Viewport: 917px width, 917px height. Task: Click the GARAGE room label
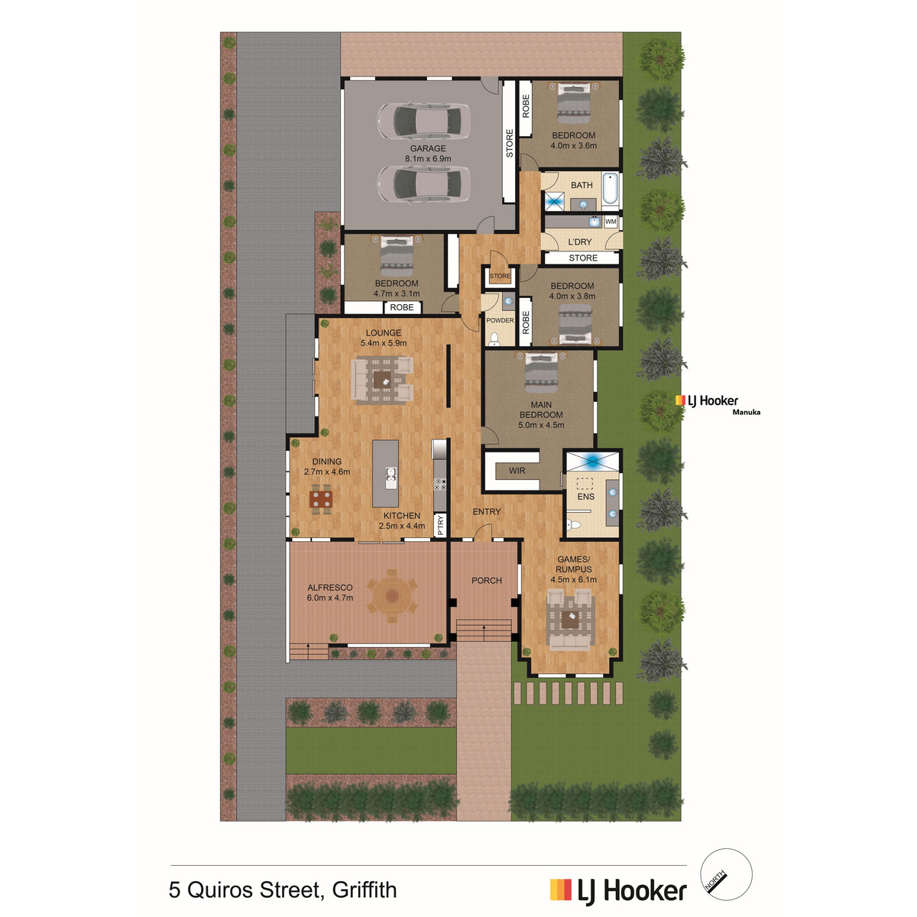[428, 148]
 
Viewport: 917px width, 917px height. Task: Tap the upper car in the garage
[424, 121]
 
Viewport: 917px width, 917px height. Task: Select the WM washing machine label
[611, 222]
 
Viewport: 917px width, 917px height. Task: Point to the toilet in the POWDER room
[494, 339]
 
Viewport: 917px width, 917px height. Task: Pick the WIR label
[517, 471]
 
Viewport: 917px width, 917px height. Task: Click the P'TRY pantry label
[440, 525]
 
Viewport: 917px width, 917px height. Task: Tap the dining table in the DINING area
[321, 499]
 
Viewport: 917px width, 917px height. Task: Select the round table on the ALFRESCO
[392, 595]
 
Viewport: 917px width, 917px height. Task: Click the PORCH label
[486, 581]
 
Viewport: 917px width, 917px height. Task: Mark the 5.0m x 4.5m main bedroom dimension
[541, 425]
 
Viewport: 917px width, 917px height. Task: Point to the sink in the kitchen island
[390, 478]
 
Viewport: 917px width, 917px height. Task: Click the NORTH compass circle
[726, 874]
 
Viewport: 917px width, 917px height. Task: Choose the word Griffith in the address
[365, 889]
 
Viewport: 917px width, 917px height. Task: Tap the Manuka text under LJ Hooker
[746, 412]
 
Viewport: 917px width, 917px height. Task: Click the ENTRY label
[486, 511]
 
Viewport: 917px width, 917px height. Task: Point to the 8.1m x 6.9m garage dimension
[428, 158]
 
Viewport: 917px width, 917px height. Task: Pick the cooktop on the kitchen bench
[439, 484]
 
